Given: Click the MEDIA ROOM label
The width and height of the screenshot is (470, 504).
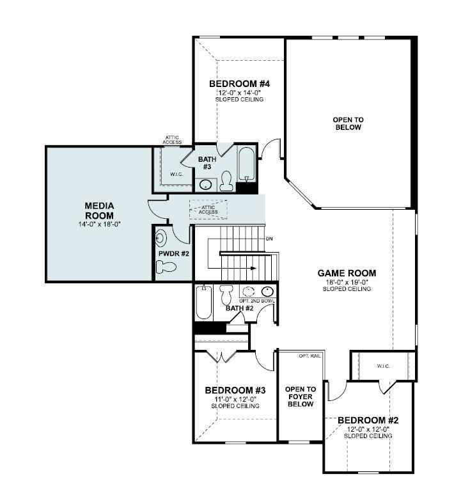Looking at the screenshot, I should (99, 210).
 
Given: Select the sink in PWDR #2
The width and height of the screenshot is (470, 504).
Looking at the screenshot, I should (161, 239).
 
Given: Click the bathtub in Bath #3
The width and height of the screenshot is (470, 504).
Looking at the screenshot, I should (246, 165).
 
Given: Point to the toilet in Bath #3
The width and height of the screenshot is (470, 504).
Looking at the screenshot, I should (226, 182).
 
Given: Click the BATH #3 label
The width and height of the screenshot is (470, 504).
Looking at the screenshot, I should (207, 162).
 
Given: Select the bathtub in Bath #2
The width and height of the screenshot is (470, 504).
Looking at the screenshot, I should (203, 302).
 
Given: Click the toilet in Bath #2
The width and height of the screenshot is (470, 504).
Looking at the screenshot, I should (226, 295).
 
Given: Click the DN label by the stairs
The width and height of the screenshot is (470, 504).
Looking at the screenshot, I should (269, 239).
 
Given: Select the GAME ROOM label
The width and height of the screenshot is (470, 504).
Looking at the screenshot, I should (347, 273).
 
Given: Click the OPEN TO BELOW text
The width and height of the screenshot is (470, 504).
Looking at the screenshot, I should (348, 123).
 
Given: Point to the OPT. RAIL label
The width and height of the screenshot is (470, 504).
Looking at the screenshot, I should (310, 356).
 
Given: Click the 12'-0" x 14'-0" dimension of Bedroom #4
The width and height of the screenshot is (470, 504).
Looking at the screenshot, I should (240, 92).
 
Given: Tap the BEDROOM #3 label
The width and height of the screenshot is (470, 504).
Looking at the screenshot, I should (231, 390).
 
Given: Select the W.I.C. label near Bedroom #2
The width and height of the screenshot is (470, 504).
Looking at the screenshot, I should (382, 366).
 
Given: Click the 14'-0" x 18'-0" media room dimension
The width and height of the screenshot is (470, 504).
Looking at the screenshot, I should (99, 224).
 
